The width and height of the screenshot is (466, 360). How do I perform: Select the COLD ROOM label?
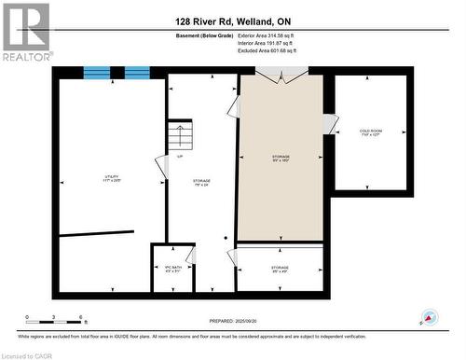370,132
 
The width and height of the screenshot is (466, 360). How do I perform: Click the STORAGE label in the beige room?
280,158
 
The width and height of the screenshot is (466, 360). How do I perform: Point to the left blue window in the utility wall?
96,73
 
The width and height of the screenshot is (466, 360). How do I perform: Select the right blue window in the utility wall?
137,73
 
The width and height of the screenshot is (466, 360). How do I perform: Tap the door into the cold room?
328,123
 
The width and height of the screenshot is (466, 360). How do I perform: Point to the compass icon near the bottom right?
429,318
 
